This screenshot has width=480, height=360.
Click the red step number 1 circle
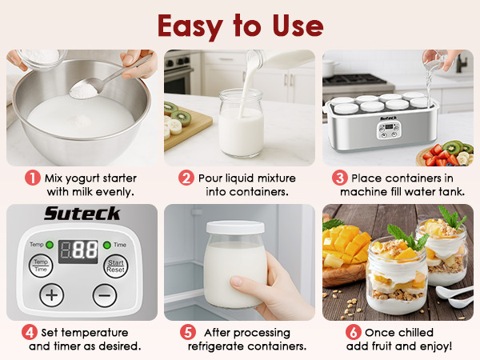(x=32, y=178)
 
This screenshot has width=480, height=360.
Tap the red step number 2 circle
(x=186, y=178)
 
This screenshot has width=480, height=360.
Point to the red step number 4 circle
(x=30, y=332)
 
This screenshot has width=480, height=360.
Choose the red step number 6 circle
(x=353, y=332)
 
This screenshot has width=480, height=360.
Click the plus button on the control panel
(x=52, y=294)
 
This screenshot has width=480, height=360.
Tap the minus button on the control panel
(x=104, y=294)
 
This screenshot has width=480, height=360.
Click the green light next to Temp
(x=50, y=243)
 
